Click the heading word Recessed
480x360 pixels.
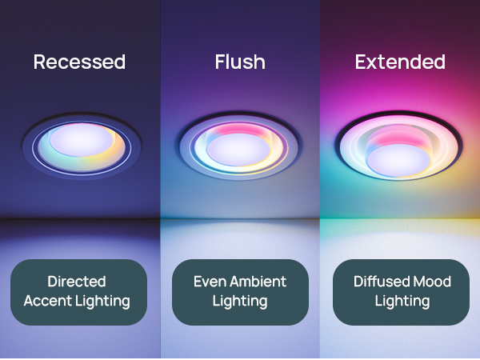pyautogui.click(x=79, y=62)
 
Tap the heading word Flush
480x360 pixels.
pyautogui.click(x=239, y=62)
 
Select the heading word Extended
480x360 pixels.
pyautogui.click(x=399, y=62)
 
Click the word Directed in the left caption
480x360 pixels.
pyautogui.click(x=77, y=282)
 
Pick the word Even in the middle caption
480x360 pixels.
pyautogui.click(x=209, y=282)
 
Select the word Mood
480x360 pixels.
pyautogui.click(x=433, y=282)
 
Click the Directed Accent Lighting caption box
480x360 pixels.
pyautogui.click(x=78, y=291)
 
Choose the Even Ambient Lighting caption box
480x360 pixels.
pyautogui.click(x=240, y=291)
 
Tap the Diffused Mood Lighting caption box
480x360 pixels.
pyautogui.click(x=402, y=291)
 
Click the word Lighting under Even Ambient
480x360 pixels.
pyautogui.click(x=240, y=301)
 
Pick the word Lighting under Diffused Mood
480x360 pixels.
pyautogui.click(x=402, y=301)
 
